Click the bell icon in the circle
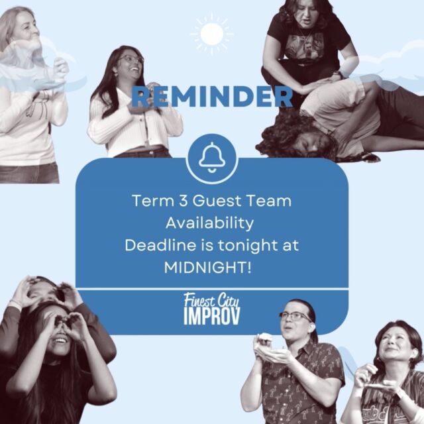[212, 157]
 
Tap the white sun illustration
[212, 34]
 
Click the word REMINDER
[212, 97]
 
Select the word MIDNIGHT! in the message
[207, 268]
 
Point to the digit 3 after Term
[184, 201]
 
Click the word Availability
[210, 223]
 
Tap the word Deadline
[160, 245]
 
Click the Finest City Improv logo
[212, 309]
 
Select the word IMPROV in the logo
[212, 317]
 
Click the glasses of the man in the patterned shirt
[295, 316]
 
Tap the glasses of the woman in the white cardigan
[131, 59]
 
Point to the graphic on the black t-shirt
[305, 46]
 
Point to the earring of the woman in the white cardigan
[116, 74]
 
